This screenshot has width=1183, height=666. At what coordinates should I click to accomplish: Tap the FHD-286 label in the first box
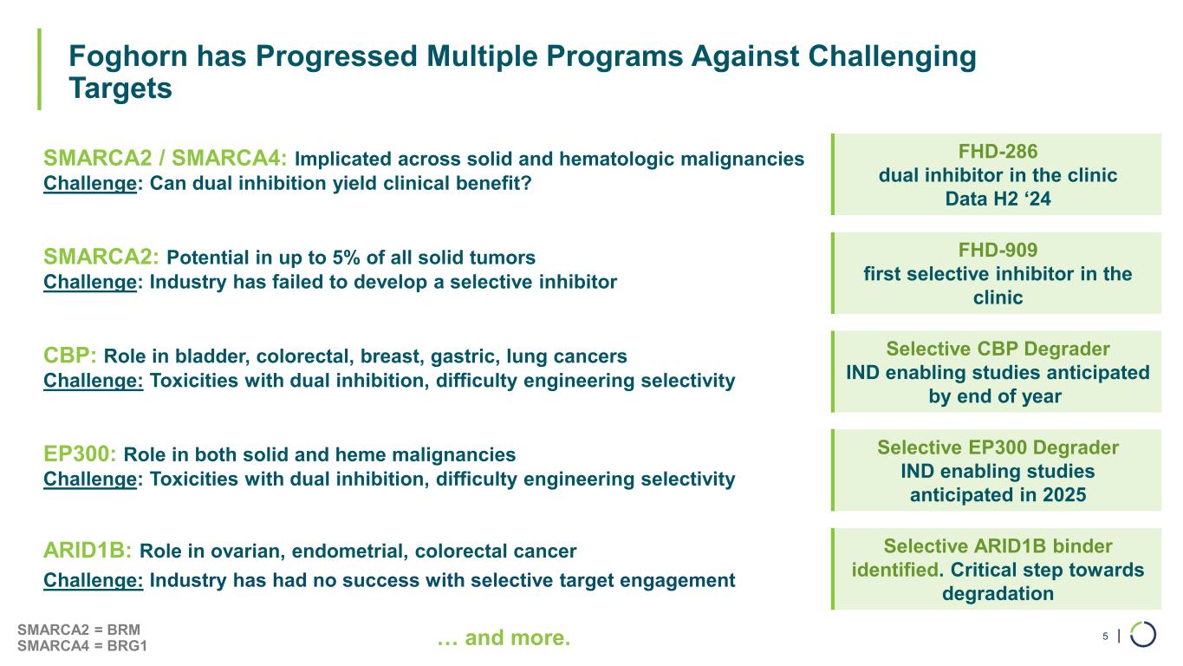tap(996, 150)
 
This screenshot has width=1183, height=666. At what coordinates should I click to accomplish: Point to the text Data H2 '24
tap(996, 199)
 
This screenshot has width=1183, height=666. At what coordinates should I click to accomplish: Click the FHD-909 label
tap(996, 249)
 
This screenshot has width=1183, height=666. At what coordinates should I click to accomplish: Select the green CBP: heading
tap(70, 356)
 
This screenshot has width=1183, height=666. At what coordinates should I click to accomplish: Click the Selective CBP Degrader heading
tap(997, 349)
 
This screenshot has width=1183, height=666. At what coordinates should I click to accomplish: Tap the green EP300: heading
tap(81, 454)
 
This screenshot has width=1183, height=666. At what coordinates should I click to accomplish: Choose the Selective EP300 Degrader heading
tap(997, 447)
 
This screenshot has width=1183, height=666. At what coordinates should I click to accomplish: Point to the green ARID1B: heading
tap(88, 551)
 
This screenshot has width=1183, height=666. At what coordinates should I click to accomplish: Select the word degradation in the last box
tap(997, 594)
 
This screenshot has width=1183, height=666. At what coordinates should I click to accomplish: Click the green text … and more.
tap(504, 639)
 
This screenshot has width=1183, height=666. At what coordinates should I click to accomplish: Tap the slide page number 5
tap(1105, 637)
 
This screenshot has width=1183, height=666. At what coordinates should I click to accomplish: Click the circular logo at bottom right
tap(1143, 634)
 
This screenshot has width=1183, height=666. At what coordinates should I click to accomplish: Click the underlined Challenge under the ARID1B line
tap(93, 580)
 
